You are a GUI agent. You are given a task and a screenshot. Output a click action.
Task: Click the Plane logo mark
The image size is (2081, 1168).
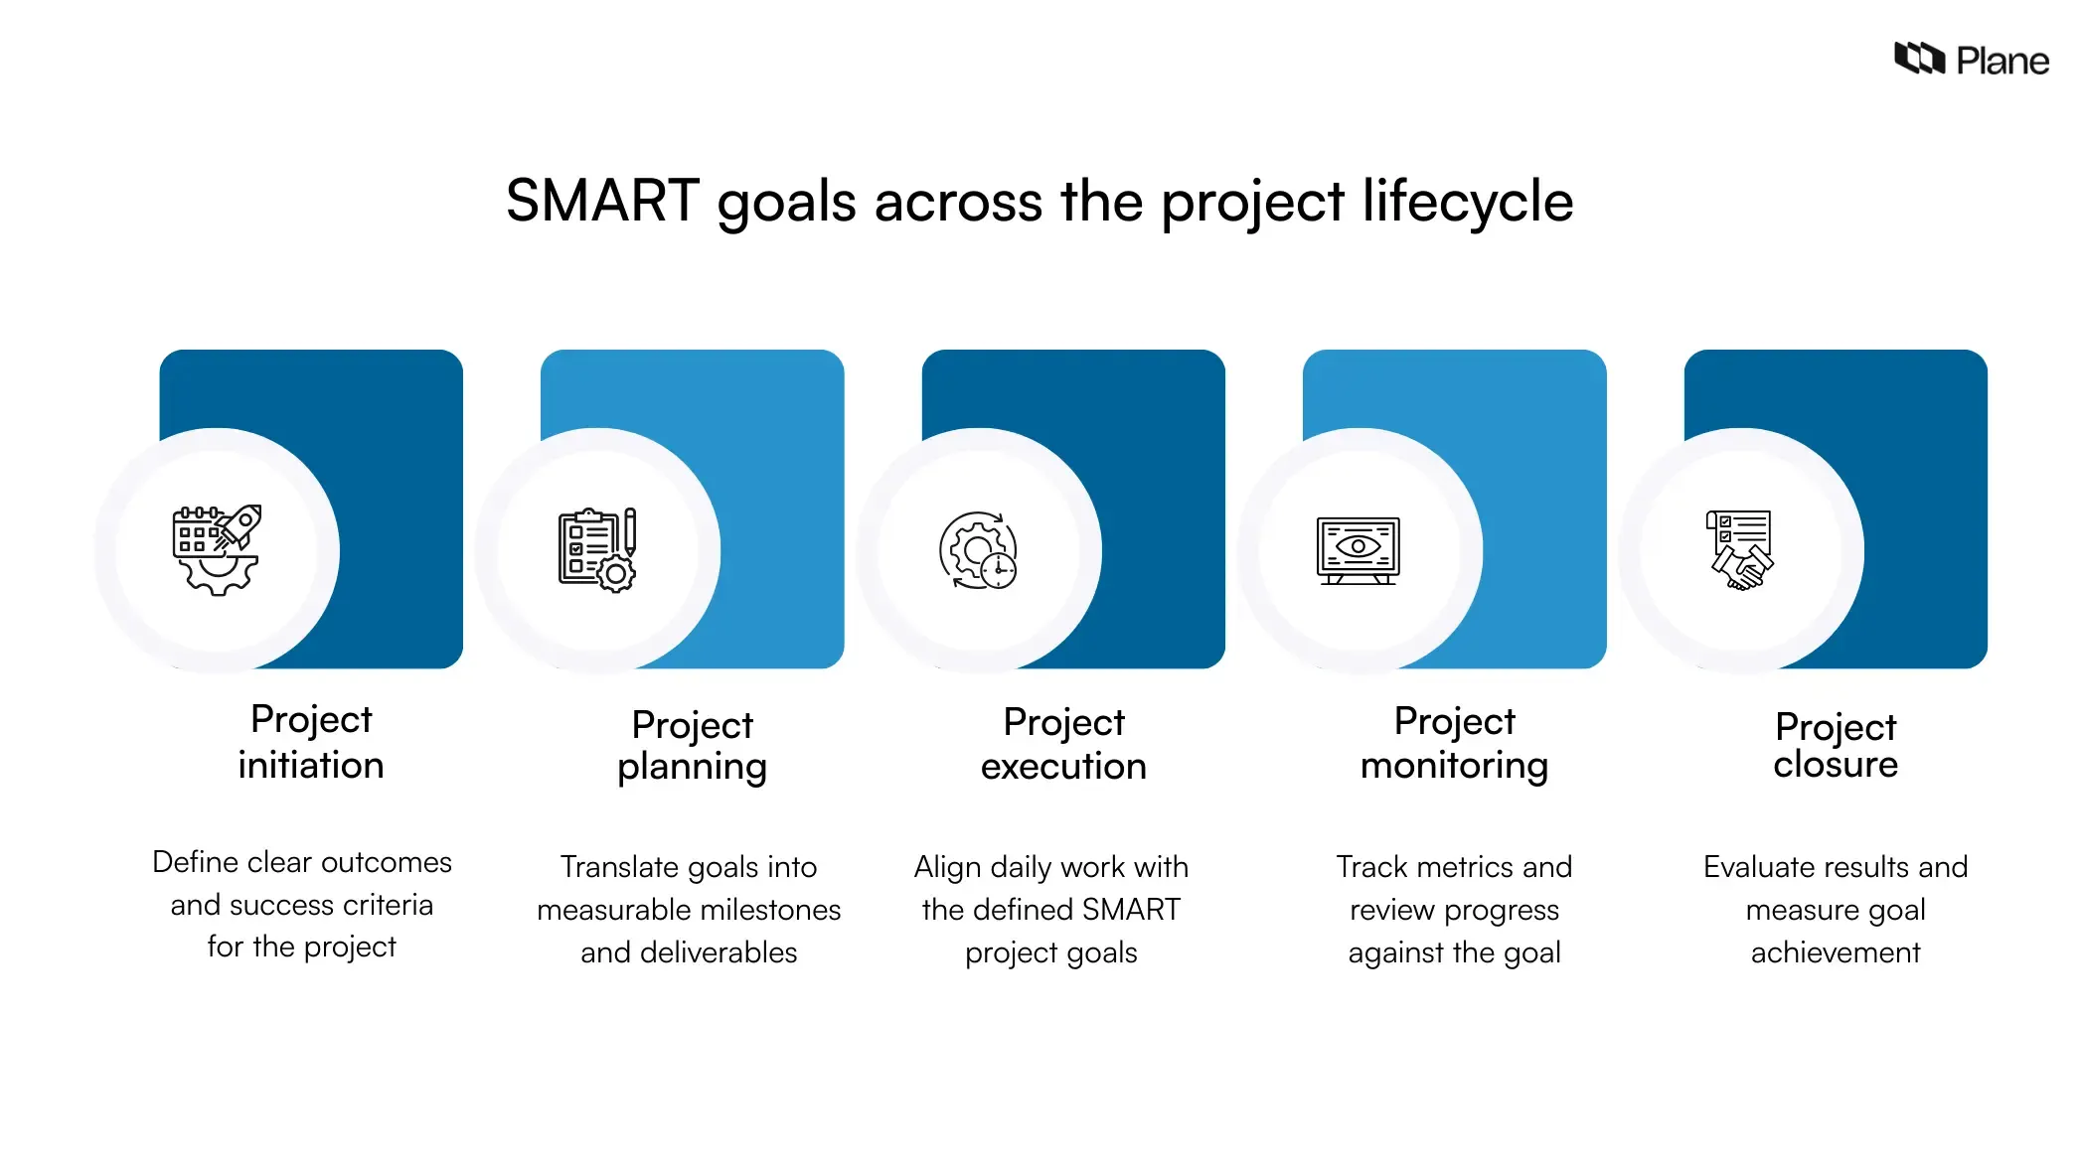coord(1918,60)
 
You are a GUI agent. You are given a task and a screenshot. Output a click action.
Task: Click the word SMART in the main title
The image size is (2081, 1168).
coord(602,202)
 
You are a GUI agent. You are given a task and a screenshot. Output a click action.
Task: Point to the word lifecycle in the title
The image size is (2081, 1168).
coord(1467,202)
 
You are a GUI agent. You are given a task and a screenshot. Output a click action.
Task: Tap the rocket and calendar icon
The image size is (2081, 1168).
coord(217,550)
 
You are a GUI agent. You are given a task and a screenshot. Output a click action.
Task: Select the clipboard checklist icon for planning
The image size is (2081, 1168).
coord(597,550)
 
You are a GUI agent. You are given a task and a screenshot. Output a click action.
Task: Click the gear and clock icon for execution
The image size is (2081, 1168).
coord(978,550)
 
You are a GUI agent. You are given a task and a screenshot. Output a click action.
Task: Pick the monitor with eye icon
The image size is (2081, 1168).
coord(1359,550)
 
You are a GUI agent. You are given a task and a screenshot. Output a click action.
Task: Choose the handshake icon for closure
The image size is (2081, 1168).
coord(1740,550)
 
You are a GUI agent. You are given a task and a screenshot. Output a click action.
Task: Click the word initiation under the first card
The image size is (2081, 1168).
coord(310,766)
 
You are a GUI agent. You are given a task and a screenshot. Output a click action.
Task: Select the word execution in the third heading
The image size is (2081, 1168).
coord(1063,767)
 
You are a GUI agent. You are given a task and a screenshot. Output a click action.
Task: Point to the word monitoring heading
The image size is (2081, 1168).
coord(1454,766)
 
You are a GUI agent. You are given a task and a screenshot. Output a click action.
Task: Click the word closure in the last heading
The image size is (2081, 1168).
coord(1836,765)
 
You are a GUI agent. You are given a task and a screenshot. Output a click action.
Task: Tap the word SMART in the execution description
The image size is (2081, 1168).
coord(1131,910)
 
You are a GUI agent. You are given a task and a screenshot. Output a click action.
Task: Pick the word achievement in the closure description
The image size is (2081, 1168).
coord(1836,952)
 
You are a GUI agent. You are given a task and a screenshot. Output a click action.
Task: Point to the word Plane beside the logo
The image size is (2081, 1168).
coord(2002,62)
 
